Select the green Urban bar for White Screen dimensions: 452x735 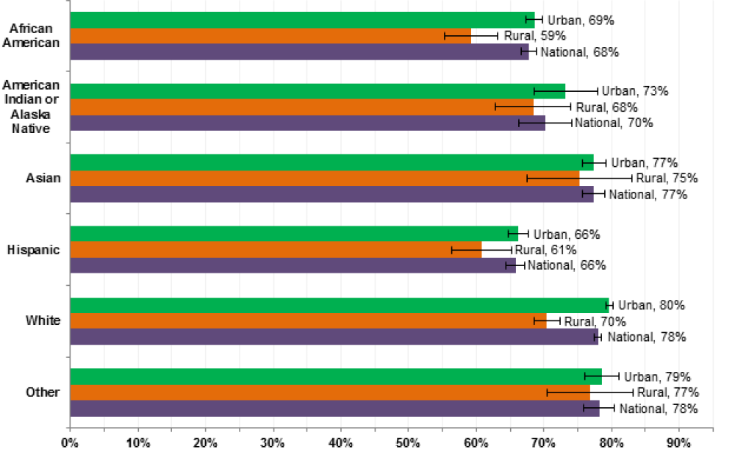tap(339, 305)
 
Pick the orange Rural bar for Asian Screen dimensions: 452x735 tap(324, 178)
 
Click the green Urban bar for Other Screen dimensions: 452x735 tap(335, 376)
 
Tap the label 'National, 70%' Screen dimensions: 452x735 tap(614, 123)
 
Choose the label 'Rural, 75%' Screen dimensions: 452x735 tap(667, 178)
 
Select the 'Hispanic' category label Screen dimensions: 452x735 tap(33, 250)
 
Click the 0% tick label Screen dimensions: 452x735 tap(70, 442)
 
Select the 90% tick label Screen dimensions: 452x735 tap(678, 442)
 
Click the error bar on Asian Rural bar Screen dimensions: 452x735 tap(579, 178)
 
